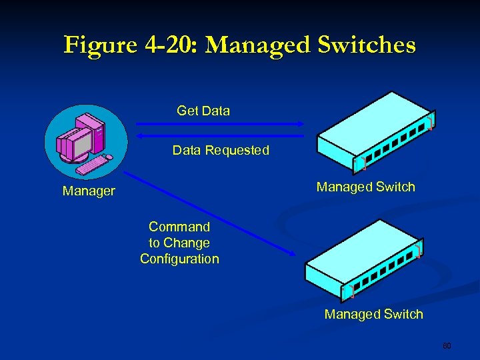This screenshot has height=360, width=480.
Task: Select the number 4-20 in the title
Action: pyautogui.click(x=167, y=45)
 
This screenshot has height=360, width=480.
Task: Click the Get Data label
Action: pyautogui.click(x=203, y=111)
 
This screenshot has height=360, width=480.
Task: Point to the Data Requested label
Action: pyautogui.click(x=221, y=151)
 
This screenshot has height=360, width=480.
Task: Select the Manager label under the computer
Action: pyautogui.click(x=89, y=191)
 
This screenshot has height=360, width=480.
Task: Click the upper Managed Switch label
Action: pyautogui.click(x=365, y=187)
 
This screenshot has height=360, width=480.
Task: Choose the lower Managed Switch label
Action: pyautogui.click(x=373, y=314)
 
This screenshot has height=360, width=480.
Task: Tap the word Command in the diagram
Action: pyautogui.click(x=179, y=227)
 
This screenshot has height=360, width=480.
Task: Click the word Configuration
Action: pyautogui.click(x=179, y=259)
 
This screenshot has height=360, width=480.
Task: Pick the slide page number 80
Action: pyautogui.click(x=447, y=346)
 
